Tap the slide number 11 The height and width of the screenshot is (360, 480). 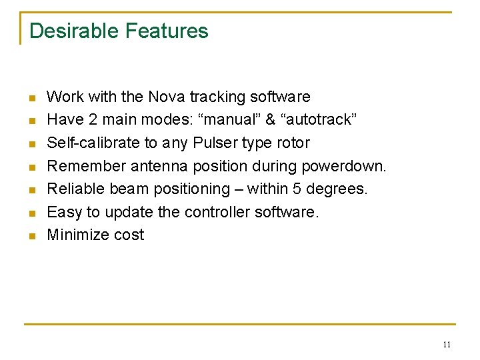pos(446,344)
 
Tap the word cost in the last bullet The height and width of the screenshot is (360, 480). pos(129,235)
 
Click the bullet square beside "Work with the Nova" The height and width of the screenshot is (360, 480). pos(31,98)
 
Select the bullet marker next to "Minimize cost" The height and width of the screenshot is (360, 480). pos(31,236)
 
